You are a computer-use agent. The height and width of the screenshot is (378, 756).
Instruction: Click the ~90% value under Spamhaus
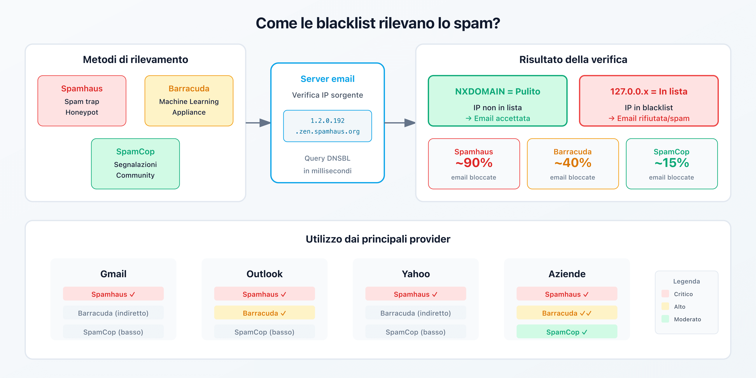474,163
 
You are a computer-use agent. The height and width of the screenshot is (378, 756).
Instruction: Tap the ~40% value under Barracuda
573,163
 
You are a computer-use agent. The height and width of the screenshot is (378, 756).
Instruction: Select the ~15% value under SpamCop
672,163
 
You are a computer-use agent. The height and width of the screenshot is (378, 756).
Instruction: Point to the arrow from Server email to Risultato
400,123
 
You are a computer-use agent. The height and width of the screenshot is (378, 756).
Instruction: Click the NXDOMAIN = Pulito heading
497,92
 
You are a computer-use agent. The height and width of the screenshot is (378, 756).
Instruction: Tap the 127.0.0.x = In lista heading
649,92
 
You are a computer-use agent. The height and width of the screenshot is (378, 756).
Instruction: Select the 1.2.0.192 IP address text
328,121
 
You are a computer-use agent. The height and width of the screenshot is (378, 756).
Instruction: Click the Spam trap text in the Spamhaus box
82,102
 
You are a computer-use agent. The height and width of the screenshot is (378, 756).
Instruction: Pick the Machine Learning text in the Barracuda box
189,102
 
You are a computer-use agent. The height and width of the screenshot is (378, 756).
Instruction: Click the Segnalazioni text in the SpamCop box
135,165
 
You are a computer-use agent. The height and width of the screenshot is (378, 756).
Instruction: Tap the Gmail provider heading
113,274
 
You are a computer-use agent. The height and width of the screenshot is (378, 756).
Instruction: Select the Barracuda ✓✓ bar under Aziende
567,313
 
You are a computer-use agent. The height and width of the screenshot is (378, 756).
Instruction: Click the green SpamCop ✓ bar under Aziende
567,332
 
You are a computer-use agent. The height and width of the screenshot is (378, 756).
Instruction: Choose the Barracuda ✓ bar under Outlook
264,313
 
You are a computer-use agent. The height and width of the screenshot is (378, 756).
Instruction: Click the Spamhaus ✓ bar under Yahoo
416,294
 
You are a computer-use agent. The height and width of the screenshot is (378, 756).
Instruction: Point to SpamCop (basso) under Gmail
113,332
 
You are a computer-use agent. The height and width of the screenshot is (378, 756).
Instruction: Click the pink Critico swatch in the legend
665,294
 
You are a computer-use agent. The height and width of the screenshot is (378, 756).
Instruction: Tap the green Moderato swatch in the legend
665,319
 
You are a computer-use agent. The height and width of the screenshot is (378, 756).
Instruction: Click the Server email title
328,79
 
